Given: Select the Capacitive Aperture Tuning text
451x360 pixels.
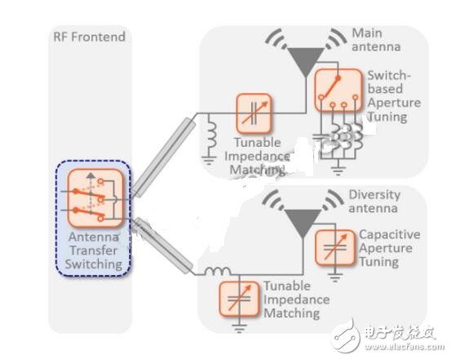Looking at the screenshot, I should click(x=390, y=248).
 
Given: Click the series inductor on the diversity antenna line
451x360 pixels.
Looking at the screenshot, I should click(x=219, y=271).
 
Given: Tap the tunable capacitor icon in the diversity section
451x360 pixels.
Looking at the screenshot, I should click(x=239, y=299).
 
